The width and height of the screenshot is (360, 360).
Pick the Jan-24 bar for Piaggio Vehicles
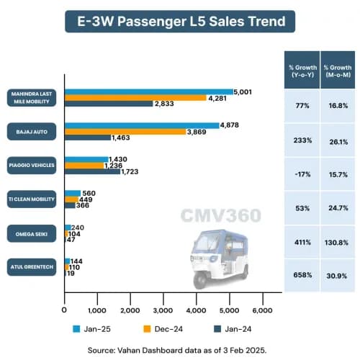pos(93,171)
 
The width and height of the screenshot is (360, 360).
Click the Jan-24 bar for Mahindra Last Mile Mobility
pos(109,103)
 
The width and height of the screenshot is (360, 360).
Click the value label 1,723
pos(135,171)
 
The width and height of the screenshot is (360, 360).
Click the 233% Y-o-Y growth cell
pos(303,140)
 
